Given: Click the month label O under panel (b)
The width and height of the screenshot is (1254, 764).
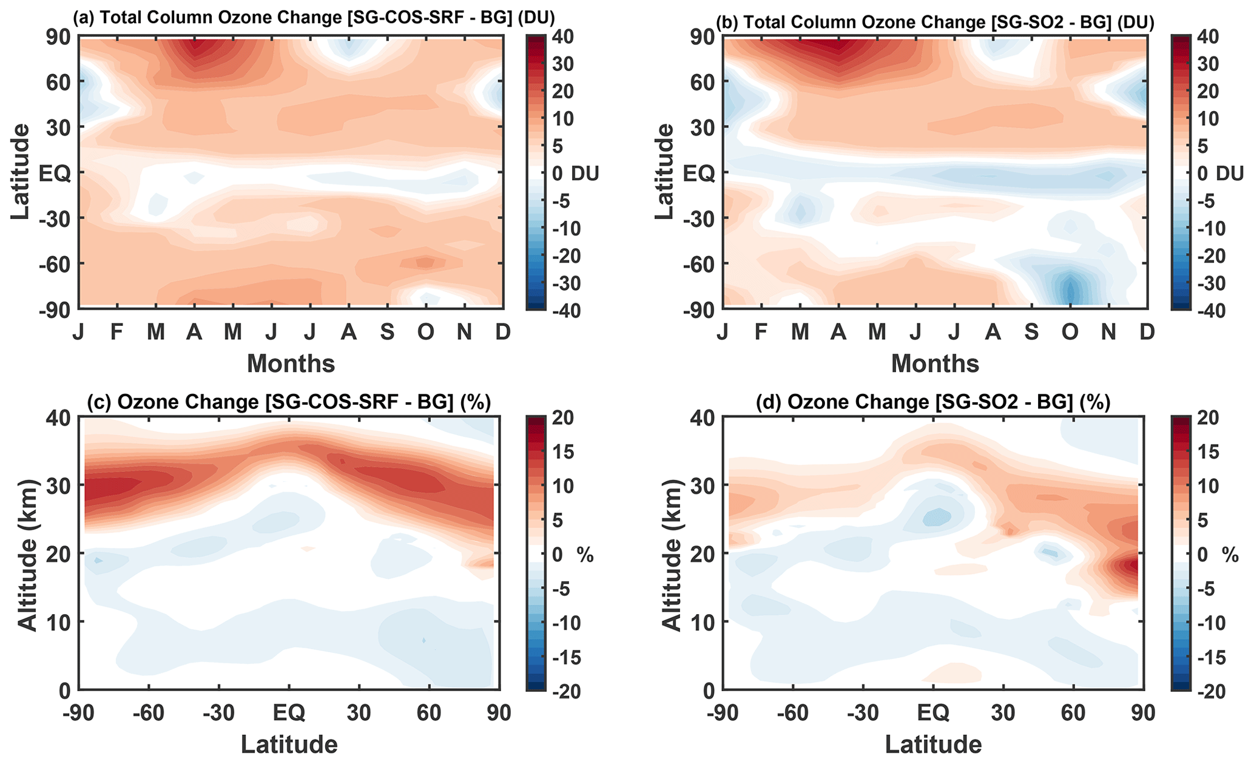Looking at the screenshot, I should pos(1070,332).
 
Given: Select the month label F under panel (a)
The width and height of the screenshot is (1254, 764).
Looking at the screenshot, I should pos(117,332).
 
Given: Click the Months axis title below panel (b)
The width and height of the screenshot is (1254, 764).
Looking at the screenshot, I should pos(935,363).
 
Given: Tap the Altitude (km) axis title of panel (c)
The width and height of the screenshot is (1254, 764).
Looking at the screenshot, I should pos(27,553).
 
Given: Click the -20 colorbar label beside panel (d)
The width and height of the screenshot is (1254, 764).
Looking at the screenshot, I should pos(1202,691).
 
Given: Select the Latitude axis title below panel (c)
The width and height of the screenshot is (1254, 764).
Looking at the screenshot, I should pos(289,744).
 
